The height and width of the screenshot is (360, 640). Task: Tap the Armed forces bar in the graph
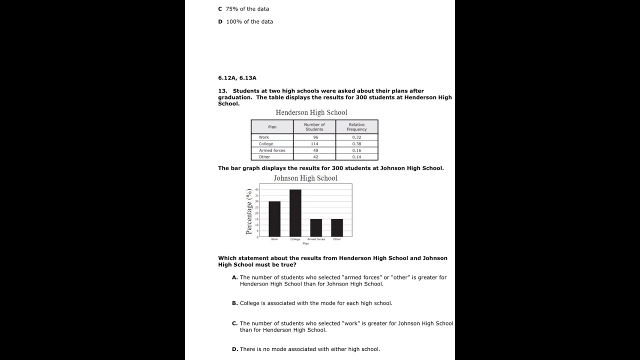[316, 227]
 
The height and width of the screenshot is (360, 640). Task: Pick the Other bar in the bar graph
[337, 227]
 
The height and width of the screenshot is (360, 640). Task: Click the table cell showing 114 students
[314, 144]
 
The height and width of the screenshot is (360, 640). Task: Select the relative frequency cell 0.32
[356, 137]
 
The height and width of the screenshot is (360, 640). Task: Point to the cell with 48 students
[314, 150]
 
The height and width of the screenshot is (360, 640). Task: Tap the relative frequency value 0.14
[356, 157]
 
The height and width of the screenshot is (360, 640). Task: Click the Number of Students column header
[314, 127]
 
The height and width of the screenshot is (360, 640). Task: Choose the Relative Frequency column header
[356, 127]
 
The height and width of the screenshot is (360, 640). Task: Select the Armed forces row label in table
[272, 150]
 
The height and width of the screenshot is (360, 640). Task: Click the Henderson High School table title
[311, 112]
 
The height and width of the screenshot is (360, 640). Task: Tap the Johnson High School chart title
[305, 178]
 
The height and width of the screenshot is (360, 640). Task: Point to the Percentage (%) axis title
[249, 211]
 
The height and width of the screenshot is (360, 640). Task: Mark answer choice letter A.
[234, 277]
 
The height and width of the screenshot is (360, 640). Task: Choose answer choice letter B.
[234, 303]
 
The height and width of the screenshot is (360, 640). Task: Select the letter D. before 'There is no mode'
[234, 349]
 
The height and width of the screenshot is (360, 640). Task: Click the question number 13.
[222, 91]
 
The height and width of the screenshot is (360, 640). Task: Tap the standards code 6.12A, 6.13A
[237, 78]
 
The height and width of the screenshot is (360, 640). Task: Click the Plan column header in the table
[272, 127]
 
